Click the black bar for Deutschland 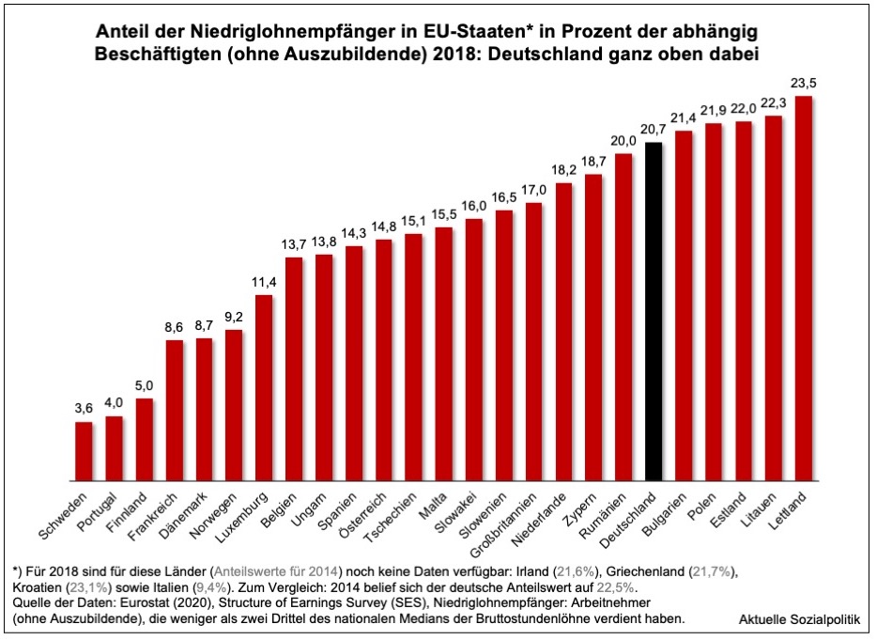[654, 310]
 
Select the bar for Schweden [84, 451]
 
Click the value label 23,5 [804, 84]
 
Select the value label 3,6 [84, 410]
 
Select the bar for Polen [714, 301]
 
